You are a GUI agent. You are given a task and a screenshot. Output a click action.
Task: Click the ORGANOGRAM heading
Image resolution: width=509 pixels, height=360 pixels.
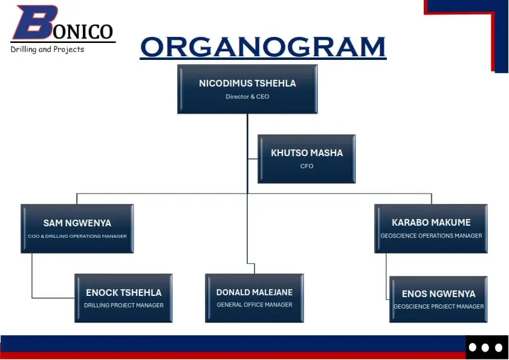tap(263, 47)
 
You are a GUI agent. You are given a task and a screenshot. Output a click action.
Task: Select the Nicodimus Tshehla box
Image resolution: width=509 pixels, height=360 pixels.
tap(247, 89)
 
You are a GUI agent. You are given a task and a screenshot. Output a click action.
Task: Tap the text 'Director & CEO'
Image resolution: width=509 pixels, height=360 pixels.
tap(247, 97)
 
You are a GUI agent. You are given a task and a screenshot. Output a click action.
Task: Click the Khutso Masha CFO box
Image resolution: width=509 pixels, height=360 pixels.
tap(306, 159)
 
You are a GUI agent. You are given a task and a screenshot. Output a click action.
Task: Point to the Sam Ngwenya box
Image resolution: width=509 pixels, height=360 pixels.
tap(77, 228)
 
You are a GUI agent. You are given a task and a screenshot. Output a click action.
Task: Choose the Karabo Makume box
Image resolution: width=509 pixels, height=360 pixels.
tap(431, 228)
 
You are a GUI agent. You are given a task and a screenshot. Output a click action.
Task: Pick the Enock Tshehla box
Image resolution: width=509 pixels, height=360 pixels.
tap(123, 298)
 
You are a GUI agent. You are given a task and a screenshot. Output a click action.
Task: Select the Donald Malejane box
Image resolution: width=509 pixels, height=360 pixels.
tap(254, 298)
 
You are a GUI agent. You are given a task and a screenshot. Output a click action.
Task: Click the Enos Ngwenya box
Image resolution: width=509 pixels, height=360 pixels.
tap(438, 299)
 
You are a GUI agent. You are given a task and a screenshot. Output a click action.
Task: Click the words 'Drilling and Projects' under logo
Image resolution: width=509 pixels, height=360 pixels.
tap(47, 49)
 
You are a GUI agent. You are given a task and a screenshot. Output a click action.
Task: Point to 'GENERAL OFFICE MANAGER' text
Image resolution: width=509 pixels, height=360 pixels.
tap(254, 305)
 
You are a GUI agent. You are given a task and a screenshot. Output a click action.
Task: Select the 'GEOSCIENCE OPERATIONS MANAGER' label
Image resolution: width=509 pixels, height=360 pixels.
tap(431, 236)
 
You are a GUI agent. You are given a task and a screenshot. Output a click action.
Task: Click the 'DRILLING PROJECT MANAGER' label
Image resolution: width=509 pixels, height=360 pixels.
tap(123, 306)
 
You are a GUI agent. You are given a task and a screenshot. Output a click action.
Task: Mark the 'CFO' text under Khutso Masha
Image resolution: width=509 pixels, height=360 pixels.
tap(306, 166)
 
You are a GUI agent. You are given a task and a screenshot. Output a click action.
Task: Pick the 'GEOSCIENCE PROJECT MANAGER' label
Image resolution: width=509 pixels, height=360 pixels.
tap(438, 307)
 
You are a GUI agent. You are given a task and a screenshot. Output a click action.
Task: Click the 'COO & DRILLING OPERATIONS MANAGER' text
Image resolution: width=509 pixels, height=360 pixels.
tap(77, 236)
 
